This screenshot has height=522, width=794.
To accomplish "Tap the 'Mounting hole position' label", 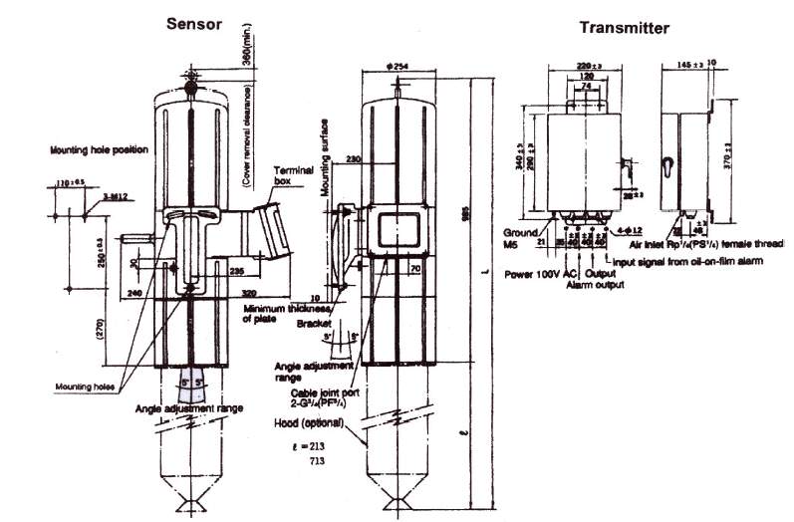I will (99, 150).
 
